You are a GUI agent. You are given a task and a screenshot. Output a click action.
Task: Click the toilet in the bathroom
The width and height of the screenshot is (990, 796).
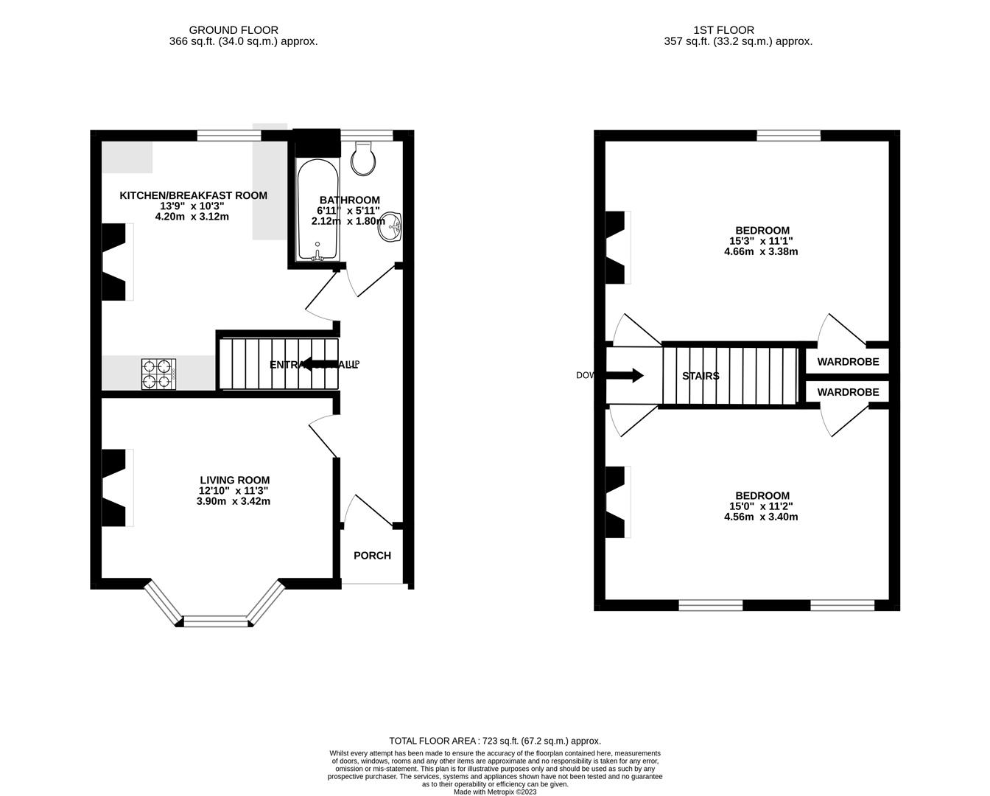pos(364,158)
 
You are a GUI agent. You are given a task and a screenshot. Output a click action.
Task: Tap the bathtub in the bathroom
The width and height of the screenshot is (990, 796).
pos(317,209)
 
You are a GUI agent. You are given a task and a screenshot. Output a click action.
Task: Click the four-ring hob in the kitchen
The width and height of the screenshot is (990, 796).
pos(158,374)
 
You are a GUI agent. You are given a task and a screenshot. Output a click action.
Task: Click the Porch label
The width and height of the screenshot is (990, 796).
pos(372,556)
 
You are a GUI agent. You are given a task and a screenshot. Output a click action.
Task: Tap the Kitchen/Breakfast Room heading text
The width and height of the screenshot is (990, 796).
pos(193,195)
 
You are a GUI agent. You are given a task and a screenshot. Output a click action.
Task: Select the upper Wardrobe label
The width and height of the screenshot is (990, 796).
pos(848,362)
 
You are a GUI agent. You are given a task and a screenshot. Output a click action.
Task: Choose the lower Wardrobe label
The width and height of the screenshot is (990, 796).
pos(848,392)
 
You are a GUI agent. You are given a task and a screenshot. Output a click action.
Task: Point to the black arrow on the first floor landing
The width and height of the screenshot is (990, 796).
pos(626,376)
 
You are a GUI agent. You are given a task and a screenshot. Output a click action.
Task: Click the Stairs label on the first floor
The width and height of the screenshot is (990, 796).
pos(701,376)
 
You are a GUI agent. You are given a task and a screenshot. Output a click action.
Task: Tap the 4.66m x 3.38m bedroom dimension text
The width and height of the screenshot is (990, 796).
pos(761,251)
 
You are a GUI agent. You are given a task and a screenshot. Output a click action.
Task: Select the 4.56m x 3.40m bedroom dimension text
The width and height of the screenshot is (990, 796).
pos(761,517)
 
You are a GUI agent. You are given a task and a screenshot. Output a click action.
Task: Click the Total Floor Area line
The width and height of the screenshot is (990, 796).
pos(495,741)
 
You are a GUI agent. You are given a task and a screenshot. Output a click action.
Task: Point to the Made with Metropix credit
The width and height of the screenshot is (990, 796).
pos(495,792)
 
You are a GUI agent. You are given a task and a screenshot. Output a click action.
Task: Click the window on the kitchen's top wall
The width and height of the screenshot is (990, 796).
pos(229,136)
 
